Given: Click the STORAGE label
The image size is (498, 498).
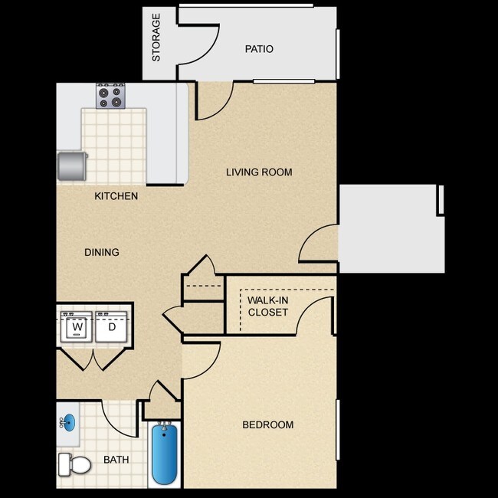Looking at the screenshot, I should (x=156, y=38).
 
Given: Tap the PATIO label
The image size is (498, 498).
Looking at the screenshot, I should (x=259, y=49).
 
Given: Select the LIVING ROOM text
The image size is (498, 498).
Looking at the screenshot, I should (x=259, y=172).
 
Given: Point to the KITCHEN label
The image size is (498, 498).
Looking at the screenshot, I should (x=116, y=196).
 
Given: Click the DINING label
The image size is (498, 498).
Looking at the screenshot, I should (x=102, y=252).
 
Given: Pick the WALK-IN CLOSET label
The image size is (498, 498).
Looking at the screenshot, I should (x=267, y=306).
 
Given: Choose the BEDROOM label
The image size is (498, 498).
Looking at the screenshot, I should (x=267, y=425).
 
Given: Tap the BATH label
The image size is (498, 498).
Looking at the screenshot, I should (x=116, y=460).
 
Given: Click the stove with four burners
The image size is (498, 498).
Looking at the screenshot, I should (x=110, y=97).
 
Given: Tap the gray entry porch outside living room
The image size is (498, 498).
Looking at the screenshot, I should (x=391, y=228).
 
